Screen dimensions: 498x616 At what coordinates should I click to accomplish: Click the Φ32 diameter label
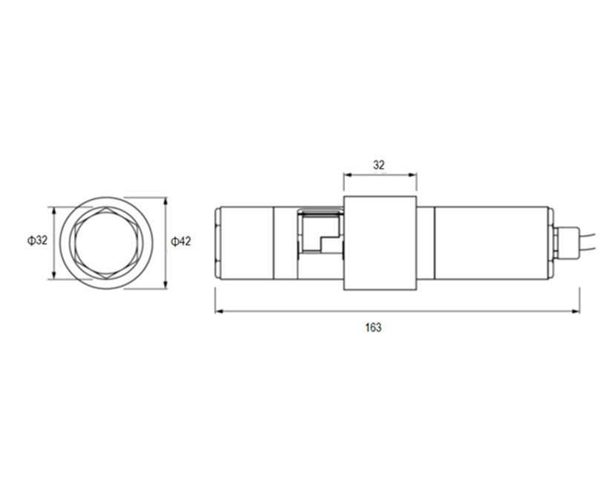point(36,241)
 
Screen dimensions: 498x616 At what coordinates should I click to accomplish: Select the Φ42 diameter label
point(181,241)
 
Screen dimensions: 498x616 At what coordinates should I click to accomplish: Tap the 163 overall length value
point(373,327)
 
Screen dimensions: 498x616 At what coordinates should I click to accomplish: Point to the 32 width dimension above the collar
point(379,166)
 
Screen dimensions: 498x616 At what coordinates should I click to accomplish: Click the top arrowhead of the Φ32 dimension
point(53,210)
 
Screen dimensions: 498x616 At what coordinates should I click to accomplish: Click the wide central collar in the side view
point(379,242)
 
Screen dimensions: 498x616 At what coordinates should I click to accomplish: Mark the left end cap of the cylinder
point(217,242)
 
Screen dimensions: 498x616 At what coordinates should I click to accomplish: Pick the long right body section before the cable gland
point(490,242)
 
